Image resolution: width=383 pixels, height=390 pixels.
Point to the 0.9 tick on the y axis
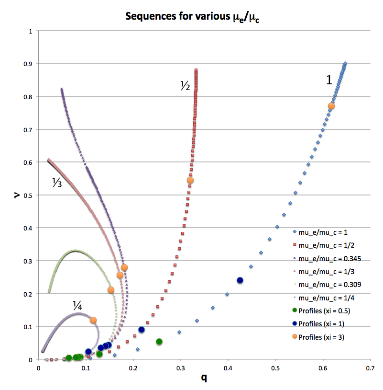coord(32,64)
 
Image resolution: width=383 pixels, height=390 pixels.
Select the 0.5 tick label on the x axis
coord(275,368)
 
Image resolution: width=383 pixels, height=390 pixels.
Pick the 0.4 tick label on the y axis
coord(32,228)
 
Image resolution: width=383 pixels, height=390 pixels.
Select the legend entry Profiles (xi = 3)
coord(321,337)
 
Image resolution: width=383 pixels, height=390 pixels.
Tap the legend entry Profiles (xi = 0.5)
coord(323,311)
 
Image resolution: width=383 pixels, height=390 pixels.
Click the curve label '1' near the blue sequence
coord(329,80)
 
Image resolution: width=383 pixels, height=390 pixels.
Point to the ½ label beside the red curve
coord(185,87)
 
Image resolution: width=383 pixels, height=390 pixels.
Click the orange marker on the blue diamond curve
coord(331,106)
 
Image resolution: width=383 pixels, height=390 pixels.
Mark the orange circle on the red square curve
coord(190,181)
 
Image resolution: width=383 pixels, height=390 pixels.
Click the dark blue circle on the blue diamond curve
coord(240,280)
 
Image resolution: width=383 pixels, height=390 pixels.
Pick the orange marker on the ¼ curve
coord(93,320)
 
